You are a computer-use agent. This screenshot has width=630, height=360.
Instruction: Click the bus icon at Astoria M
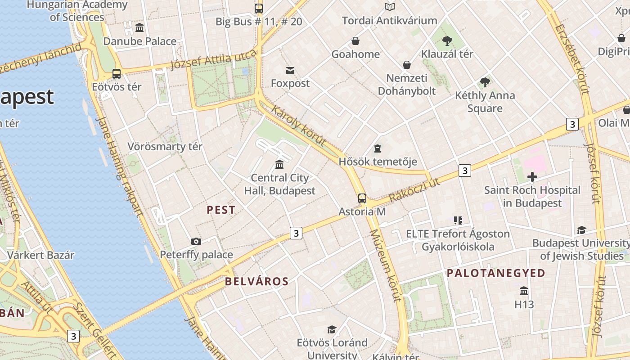(x=362, y=198)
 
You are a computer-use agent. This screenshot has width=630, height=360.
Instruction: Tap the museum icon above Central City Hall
(x=279, y=164)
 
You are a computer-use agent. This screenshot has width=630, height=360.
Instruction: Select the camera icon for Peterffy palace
(x=196, y=242)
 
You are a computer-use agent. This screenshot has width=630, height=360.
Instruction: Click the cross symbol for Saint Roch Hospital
(x=532, y=177)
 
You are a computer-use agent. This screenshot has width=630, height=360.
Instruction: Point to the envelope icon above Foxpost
(x=290, y=71)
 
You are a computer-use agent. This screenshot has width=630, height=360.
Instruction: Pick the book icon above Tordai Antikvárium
(x=390, y=7)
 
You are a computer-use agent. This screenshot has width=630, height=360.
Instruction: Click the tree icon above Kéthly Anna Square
(x=485, y=82)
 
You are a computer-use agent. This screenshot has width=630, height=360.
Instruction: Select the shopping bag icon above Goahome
(x=355, y=41)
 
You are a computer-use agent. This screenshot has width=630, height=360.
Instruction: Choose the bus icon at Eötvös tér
(x=117, y=74)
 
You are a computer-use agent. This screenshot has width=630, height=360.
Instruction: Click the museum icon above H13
(x=524, y=291)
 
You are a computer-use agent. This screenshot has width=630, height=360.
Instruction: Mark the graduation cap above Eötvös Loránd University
(x=332, y=330)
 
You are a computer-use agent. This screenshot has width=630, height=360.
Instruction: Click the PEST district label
(x=221, y=210)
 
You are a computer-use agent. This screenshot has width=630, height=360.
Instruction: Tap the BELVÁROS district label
(x=256, y=282)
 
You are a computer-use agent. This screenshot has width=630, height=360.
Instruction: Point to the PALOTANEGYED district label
(x=496, y=273)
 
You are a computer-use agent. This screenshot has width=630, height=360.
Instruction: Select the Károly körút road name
(x=298, y=126)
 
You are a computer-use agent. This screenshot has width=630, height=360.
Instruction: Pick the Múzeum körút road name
(x=385, y=265)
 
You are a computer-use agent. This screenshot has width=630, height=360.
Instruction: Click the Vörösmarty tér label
(x=165, y=147)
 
